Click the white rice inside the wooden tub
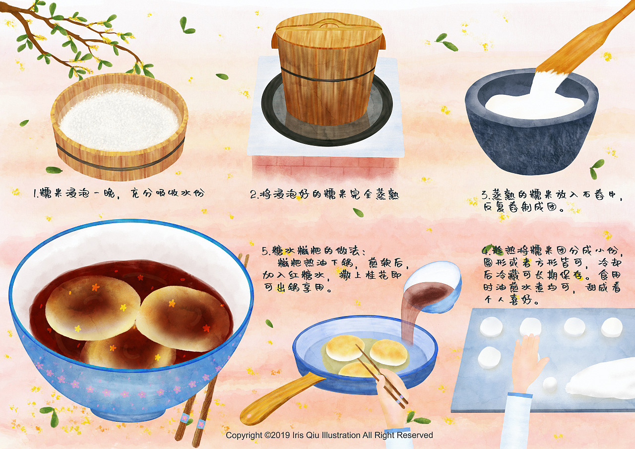point(119,119)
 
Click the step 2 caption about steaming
point(324,194)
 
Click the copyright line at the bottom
point(329,435)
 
